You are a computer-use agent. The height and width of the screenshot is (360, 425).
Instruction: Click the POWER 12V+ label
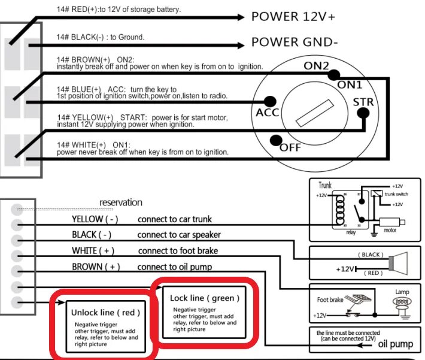[x=293, y=16]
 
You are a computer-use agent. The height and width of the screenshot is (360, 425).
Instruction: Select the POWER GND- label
[x=295, y=43]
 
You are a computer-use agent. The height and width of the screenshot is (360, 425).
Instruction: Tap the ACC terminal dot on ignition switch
[x=270, y=101]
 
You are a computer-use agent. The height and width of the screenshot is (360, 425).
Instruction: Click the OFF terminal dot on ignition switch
[x=276, y=141]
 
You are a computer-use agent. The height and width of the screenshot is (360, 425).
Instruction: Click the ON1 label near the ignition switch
[x=350, y=84]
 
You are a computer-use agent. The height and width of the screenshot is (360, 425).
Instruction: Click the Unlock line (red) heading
[x=105, y=312]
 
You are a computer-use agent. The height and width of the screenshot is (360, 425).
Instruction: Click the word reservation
[x=121, y=202]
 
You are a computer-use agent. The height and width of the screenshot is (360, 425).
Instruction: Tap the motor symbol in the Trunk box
[x=390, y=222]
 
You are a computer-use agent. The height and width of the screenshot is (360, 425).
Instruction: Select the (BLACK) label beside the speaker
[x=371, y=254]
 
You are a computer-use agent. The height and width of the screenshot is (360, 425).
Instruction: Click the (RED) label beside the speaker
[x=373, y=273]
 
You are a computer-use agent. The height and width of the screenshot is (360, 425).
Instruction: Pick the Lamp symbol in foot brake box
[x=402, y=303]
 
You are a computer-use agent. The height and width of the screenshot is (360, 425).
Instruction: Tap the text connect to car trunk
[x=175, y=219]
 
